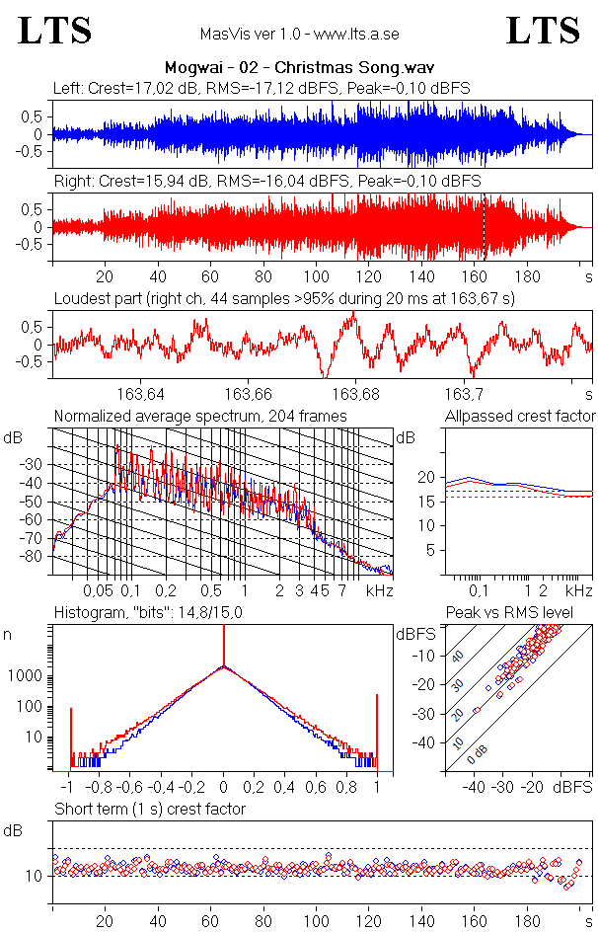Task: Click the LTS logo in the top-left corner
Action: (x=54, y=31)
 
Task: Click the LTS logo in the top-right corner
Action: (x=543, y=31)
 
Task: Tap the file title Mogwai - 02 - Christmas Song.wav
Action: (x=299, y=67)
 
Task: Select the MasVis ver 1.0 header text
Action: (x=299, y=34)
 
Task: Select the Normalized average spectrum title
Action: (x=200, y=416)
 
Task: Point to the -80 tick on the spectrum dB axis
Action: (x=36, y=557)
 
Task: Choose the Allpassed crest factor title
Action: (x=520, y=416)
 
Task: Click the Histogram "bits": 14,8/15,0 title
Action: (x=149, y=613)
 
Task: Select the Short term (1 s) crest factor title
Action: (x=149, y=809)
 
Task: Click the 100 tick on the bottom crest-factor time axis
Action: (x=316, y=921)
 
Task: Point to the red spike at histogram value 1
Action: (x=377, y=731)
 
